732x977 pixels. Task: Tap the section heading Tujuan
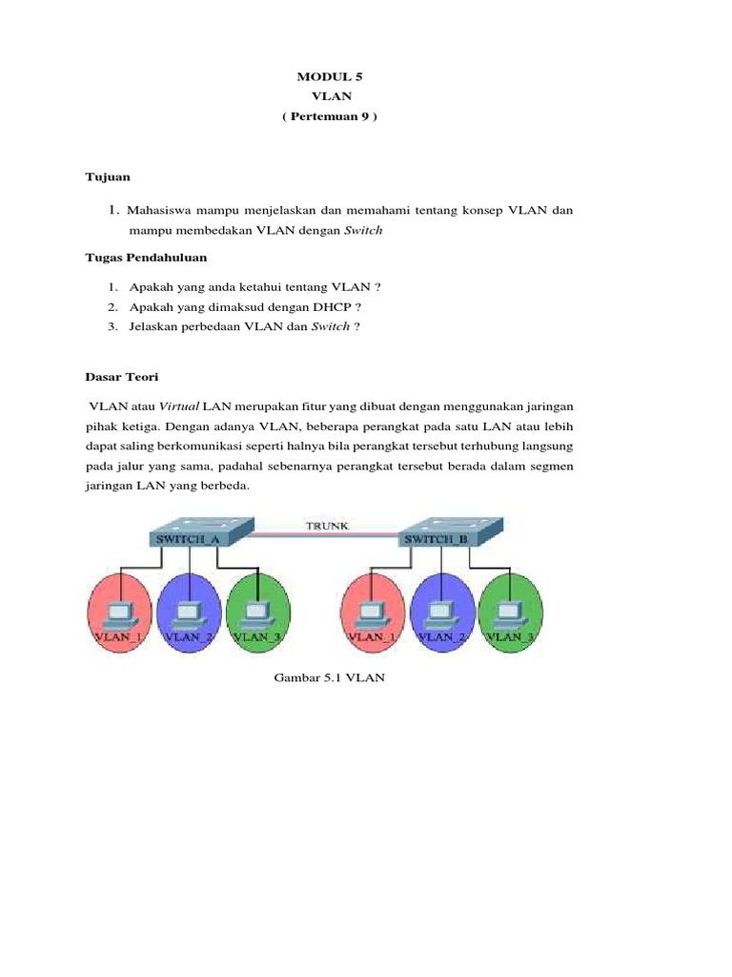point(108,177)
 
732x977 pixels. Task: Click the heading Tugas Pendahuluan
point(146,258)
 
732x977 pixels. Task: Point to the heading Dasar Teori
point(119,378)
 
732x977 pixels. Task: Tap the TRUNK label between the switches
point(326,525)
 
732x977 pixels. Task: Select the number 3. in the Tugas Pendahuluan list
point(112,326)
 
